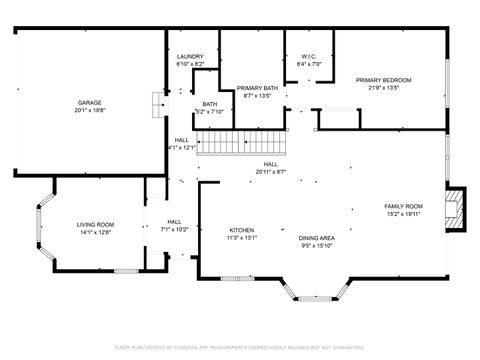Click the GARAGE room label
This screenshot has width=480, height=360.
click(x=88, y=103)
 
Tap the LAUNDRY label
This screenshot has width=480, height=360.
click(x=190, y=57)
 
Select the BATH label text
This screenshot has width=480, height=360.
click(x=209, y=103)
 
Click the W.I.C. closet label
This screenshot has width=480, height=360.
click(x=309, y=56)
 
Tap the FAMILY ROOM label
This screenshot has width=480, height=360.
click(x=404, y=206)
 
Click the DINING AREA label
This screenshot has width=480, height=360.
click(x=316, y=238)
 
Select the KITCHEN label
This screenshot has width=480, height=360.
click(x=242, y=229)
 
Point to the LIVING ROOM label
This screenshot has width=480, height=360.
click(x=96, y=224)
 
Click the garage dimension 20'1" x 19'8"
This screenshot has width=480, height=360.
click(x=88, y=111)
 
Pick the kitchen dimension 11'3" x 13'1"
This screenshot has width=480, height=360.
click(x=242, y=238)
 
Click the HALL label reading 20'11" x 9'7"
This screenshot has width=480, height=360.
click(x=270, y=164)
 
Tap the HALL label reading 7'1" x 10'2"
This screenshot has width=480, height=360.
click(x=174, y=221)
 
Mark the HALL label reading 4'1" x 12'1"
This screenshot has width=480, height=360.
click(x=181, y=140)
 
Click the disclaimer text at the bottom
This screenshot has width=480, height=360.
click(x=240, y=347)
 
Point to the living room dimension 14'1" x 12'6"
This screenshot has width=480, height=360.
click(x=96, y=232)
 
